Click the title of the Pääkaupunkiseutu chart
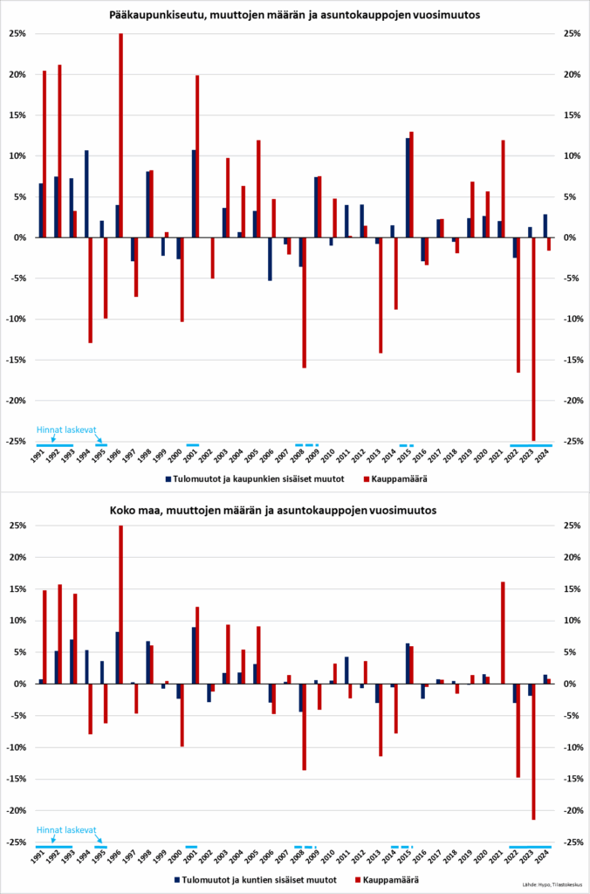(x=295, y=15)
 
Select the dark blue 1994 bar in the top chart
(x=86, y=194)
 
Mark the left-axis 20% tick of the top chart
(x=17, y=74)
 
